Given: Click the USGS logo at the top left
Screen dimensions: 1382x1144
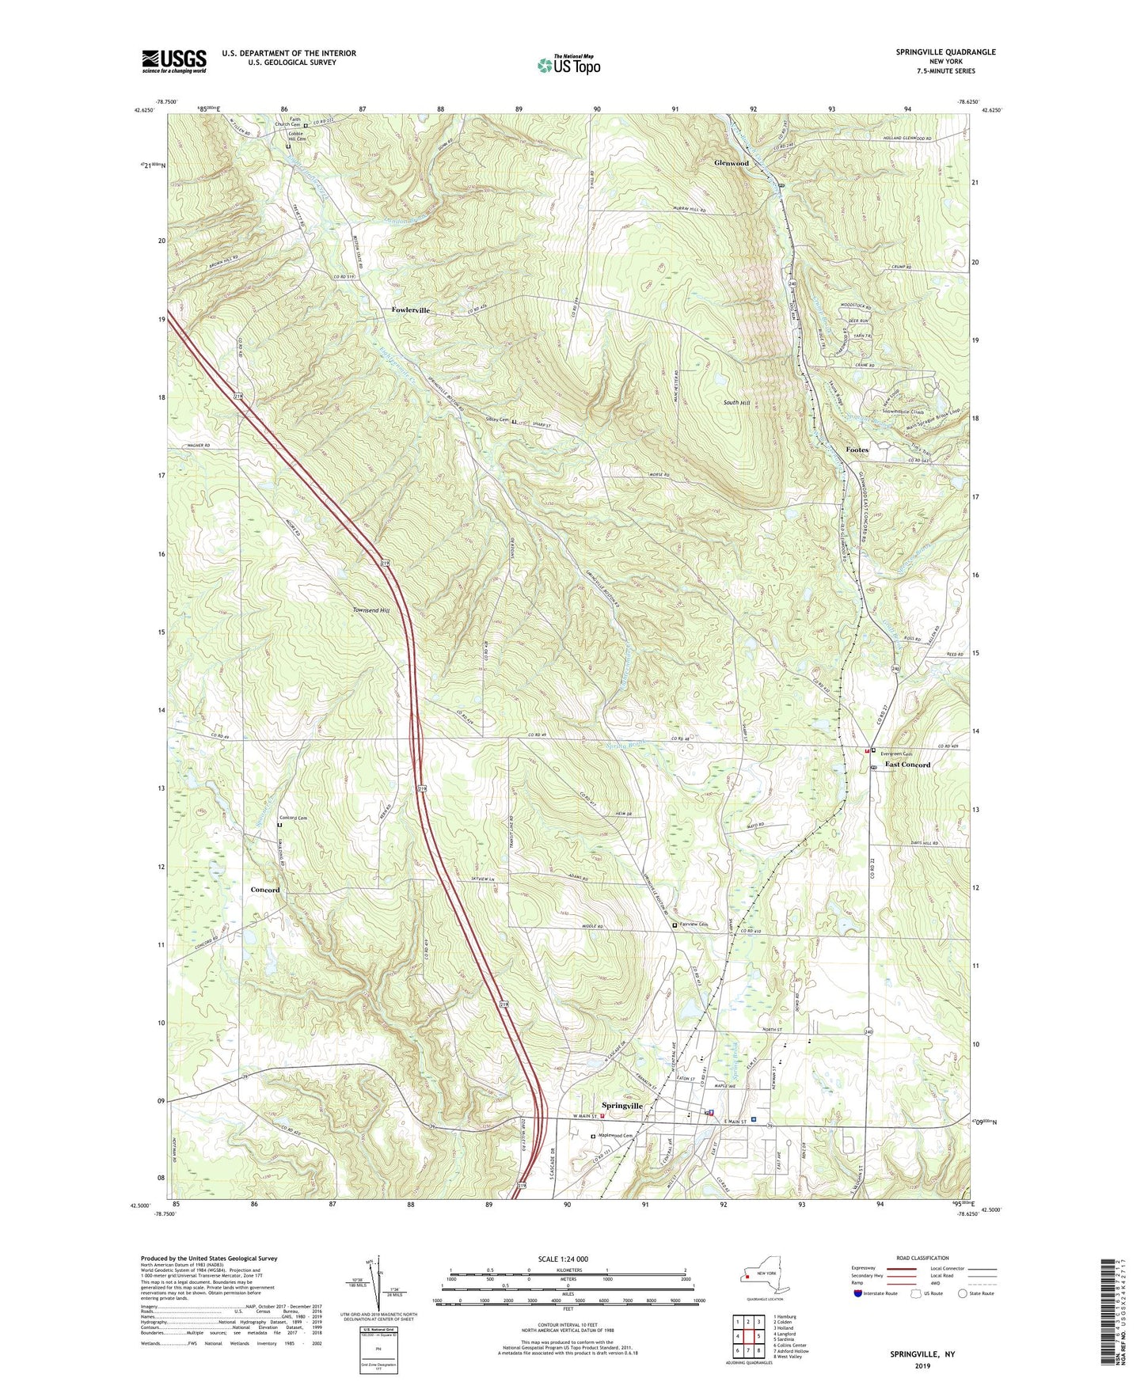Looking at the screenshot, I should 174,61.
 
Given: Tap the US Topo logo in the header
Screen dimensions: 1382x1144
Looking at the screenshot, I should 568,65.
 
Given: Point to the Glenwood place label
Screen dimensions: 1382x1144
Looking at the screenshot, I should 731,163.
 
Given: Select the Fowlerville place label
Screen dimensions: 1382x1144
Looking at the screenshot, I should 410,310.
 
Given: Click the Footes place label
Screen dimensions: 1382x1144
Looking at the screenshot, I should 857,450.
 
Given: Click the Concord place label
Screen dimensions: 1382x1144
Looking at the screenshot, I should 265,890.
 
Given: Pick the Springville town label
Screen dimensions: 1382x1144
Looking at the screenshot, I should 622,1105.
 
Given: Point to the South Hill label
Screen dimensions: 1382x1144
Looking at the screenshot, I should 736,403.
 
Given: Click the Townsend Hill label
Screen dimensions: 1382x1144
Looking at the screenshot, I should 371,610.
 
